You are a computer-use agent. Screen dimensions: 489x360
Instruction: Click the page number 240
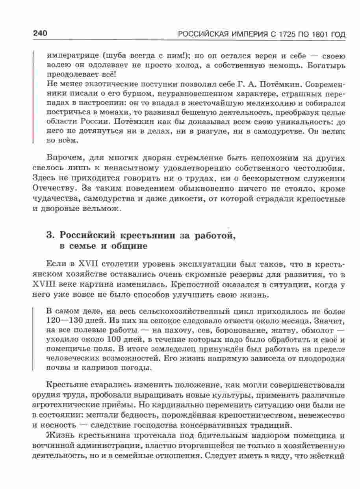[x=41, y=34]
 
